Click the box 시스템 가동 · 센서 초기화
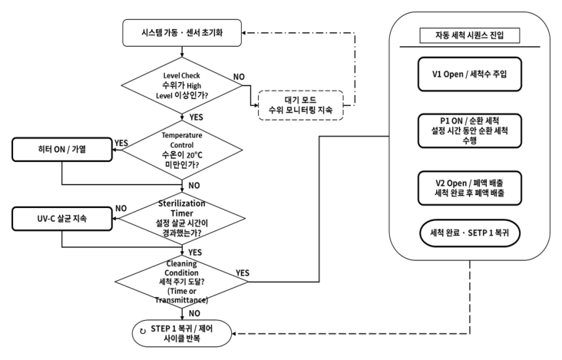coord(182,33)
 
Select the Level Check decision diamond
coord(182,86)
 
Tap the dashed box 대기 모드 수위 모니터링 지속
coord(301,105)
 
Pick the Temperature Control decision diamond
coord(182,150)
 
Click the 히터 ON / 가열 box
coord(62,150)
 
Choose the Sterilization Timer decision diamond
coord(182,219)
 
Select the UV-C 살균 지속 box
coord(62,219)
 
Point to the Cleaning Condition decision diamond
coord(182,282)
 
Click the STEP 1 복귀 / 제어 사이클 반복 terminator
coord(182,333)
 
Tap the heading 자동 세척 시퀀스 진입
coord(470,35)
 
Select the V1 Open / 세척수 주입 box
coord(470,74)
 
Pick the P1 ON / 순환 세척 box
coord(470,130)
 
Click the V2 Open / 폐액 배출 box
coord(470,188)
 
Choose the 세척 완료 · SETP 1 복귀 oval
coord(470,233)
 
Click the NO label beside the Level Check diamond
coord(239,77)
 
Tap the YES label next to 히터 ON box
coord(121,143)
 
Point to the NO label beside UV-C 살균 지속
coord(121,209)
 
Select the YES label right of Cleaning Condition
coord(243,273)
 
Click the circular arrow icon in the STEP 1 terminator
coord(143,331)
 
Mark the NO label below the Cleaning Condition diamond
coord(194,313)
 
